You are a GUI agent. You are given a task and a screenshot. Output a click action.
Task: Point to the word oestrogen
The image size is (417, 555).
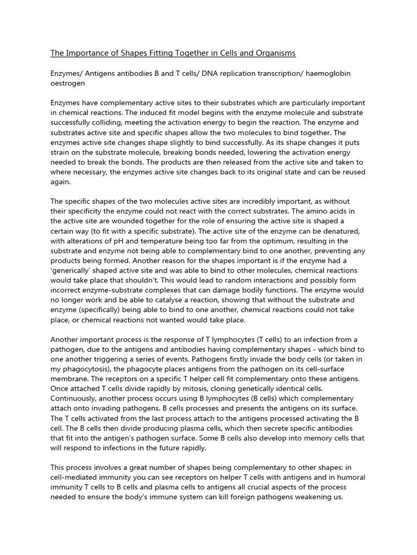point(68,83)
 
